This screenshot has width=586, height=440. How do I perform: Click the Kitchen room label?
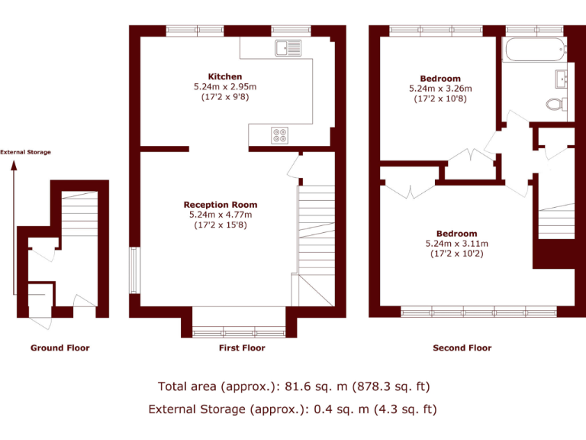225,76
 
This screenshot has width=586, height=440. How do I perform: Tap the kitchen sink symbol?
288,49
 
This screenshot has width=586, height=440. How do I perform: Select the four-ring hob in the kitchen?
280,135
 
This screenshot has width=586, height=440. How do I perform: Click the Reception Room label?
220,205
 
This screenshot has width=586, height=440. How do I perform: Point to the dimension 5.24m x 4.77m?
220,215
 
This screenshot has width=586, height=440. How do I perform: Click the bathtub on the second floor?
533,50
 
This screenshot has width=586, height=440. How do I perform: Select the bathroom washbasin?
563,76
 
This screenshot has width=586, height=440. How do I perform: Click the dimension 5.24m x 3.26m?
440,89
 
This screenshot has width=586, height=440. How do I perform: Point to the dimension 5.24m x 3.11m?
456,244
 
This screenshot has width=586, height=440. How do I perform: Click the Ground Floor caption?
60,348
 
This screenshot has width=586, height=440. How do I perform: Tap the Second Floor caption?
462,348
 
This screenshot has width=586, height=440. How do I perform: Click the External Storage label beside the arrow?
26,152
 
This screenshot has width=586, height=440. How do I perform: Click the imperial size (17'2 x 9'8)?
225,98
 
